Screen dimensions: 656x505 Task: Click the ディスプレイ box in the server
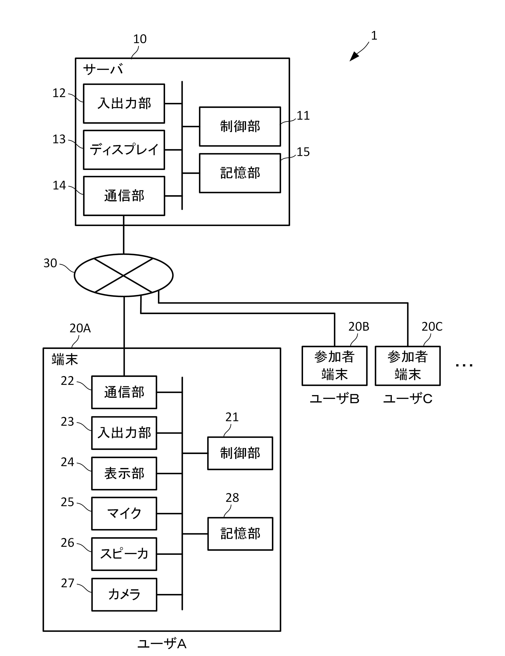coord(124,150)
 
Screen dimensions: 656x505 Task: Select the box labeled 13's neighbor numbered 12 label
coord(59,93)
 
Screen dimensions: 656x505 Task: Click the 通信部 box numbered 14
coord(124,196)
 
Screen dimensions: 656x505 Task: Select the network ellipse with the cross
coord(123,275)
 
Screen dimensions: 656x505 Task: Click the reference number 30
coord(50,263)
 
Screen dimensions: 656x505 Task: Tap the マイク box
coord(124,514)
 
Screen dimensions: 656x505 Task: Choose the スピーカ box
coord(124,554)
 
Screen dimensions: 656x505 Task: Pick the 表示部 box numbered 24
coord(124,473)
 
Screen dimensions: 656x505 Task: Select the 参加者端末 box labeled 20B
coord(334,366)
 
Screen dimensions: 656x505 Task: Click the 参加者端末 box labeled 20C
coord(407,366)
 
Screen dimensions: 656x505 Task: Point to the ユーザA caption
coord(162,644)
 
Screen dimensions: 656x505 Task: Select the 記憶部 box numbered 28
coord(240,534)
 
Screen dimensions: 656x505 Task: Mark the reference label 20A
coord(80,328)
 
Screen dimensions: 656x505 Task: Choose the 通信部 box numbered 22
coord(124,392)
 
